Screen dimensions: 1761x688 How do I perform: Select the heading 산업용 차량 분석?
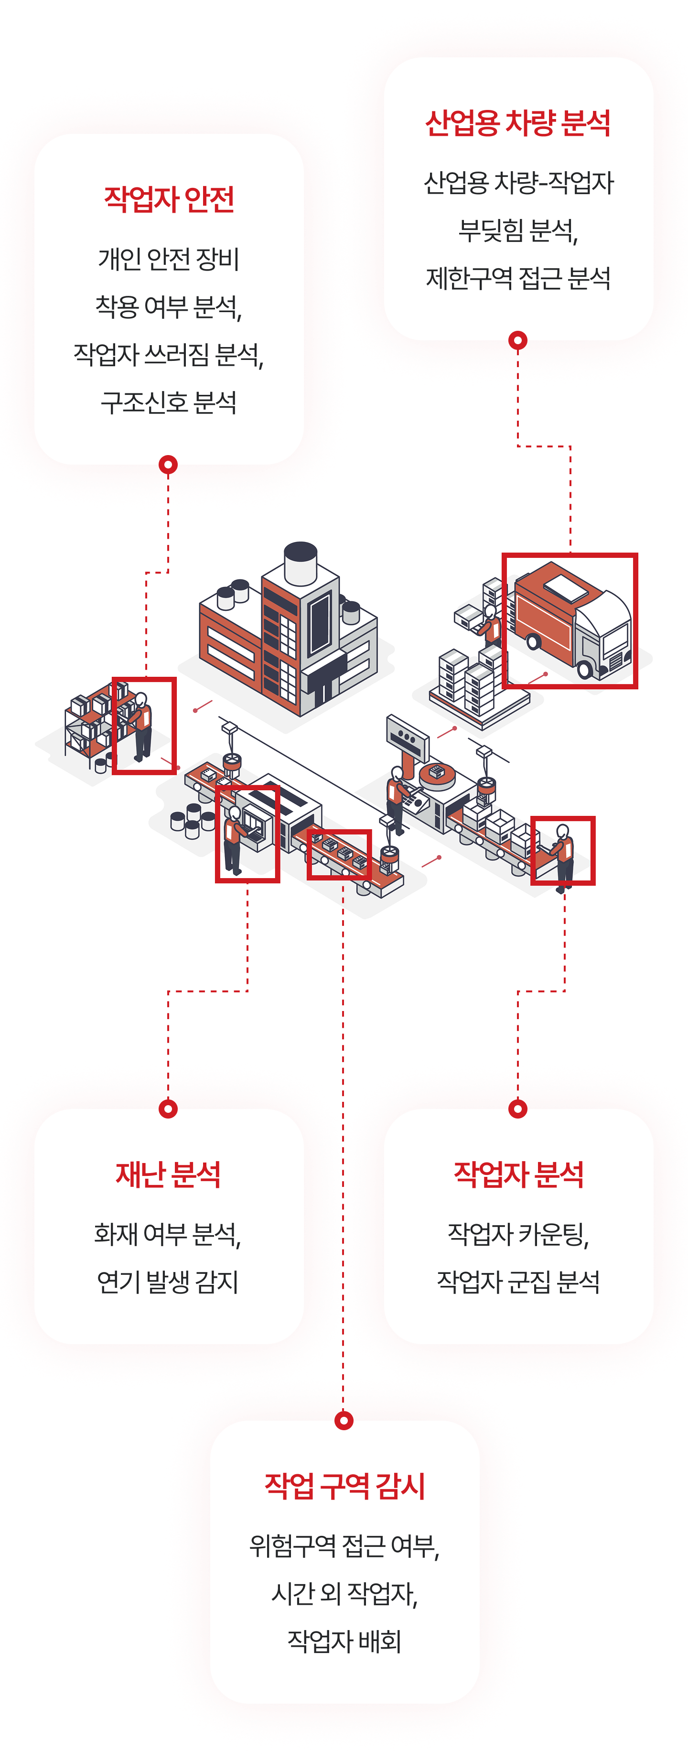coord(518,123)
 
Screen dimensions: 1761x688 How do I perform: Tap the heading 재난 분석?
coord(168,1174)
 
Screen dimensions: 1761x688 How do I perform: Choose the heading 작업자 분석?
coord(518,1174)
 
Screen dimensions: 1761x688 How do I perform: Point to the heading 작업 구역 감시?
coord(344,1486)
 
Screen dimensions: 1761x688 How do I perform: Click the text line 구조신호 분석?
coord(169,402)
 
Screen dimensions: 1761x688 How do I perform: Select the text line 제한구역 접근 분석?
coord(518,278)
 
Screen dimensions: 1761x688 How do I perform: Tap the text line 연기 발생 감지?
coord(168,1282)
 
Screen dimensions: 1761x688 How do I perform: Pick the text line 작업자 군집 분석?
coord(518,1282)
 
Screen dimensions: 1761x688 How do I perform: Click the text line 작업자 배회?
coord(344,1641)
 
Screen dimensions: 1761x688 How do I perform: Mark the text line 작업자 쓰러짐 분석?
coord(169,354)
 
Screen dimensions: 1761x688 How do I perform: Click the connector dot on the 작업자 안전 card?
coord(168,464)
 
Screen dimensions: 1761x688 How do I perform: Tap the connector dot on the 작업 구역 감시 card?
coord(344,1423)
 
